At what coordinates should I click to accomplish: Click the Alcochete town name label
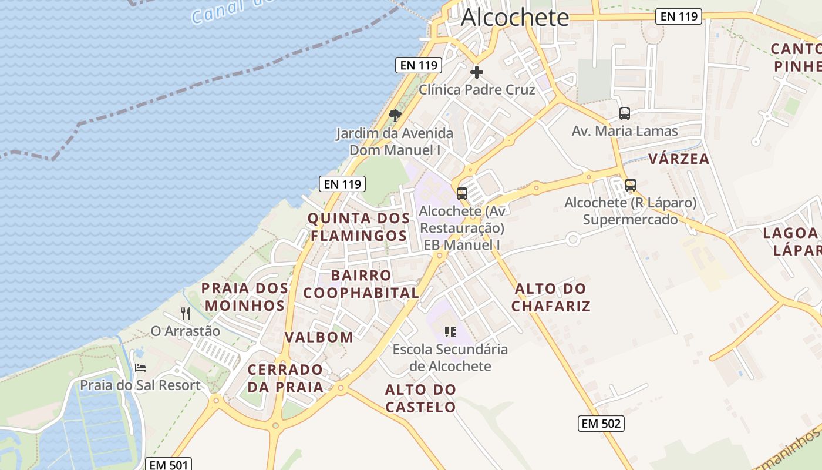tap(515, 18)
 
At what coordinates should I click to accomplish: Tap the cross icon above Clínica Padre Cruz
tap(477, 72)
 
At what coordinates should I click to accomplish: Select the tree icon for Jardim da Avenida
tap(395, 115)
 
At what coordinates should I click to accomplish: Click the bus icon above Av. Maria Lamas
tap(625, 113)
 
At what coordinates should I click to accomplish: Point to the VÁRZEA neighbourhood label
tap(679, 159)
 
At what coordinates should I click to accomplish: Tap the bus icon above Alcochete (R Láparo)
tap(631, 185)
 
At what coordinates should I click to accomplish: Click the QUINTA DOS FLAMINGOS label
tap(359, 227)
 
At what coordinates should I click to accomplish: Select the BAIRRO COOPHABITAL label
tap(361, 284)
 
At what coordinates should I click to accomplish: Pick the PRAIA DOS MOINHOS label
tap(244, 297)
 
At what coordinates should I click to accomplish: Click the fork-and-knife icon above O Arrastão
tap(186, 313)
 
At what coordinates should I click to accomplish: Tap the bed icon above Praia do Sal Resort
tap(140, 368)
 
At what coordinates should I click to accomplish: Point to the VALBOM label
tap(319, 337)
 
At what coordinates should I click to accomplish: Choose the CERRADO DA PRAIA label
tap(285, 378)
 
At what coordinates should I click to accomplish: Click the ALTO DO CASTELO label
tap(420, 398)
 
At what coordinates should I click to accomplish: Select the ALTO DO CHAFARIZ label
tap(550, 297)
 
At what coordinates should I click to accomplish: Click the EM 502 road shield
tap(601, 423)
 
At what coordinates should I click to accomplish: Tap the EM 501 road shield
tap(169, 465)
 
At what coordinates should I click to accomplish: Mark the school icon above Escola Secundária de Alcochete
tap(450, 332)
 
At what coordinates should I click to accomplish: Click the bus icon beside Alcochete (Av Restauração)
tap(462, 193)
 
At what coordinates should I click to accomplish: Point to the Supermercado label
tap(630, 220)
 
